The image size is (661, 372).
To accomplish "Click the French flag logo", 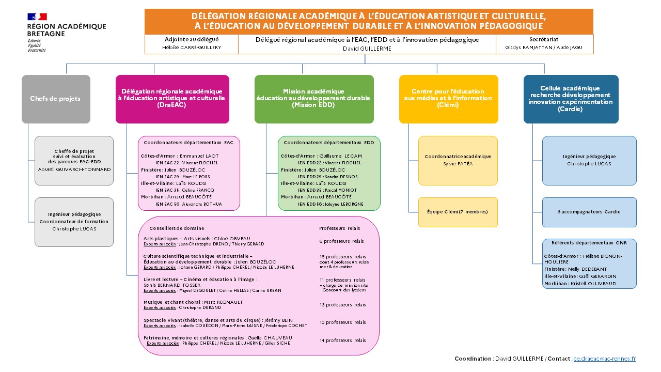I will click(37, 17).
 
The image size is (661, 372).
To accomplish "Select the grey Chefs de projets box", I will click(56, 99).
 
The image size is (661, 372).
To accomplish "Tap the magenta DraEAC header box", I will click(172, 99).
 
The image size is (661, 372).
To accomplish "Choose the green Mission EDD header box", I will click(313, 99).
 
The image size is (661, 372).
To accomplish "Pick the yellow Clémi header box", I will click(448, 99).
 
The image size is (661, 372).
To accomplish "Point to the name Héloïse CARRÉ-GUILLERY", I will click(192, 48).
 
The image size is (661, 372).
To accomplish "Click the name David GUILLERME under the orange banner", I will click(367, 49).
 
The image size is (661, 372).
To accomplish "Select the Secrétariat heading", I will click(544, 39).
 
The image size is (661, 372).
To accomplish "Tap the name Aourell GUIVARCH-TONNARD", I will click(74, 169).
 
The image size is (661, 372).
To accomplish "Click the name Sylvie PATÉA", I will click(458, 164).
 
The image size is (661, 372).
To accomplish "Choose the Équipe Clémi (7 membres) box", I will click(458, 212).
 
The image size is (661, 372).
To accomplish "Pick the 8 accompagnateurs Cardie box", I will click(589, 212).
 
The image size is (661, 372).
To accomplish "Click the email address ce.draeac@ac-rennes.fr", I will click(605, 359).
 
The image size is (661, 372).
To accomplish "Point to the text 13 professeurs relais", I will click(342, 305).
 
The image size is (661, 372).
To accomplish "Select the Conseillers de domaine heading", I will click(177, 228).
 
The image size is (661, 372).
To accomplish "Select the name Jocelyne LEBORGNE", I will click(344, 204).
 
